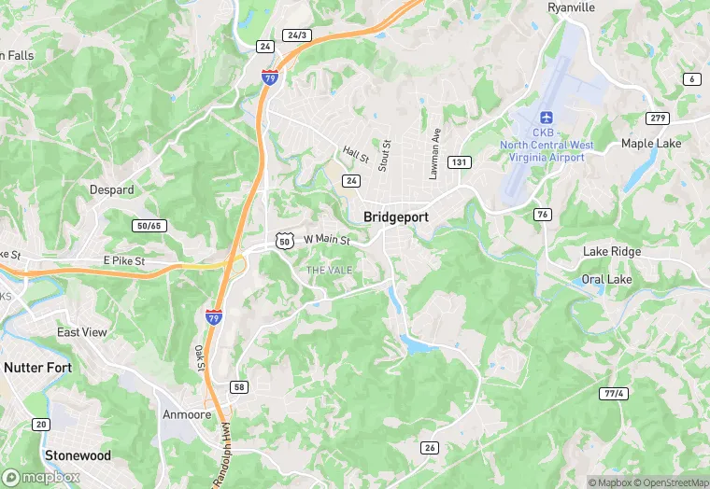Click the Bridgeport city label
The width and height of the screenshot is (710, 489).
[x=395, y=216]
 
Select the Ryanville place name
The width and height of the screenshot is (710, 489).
[x=571, y=7]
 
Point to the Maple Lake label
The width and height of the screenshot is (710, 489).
[x=651, y=144]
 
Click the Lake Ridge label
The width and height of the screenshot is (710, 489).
[x=612, y=252]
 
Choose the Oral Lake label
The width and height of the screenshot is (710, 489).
[x=606, y=279]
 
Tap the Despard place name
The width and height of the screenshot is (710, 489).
[x=111, y=189]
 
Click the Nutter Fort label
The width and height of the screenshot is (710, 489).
[x=37, y=368]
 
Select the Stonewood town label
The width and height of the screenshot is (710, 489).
[x=78, y=455]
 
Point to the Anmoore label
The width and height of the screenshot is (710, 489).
[x=188, y=414]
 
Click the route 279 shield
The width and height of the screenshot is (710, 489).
[x=657, y=118]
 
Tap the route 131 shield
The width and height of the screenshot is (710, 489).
[x=459, y=162]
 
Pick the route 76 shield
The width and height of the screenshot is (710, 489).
[x=543, y=215]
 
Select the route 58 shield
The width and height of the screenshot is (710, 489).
[x=240, y=386]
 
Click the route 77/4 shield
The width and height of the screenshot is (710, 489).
[x=613, y=394]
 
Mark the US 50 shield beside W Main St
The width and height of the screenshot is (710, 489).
[x=285, y=241]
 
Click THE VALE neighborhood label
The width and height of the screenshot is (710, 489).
[x=330, y=270]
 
